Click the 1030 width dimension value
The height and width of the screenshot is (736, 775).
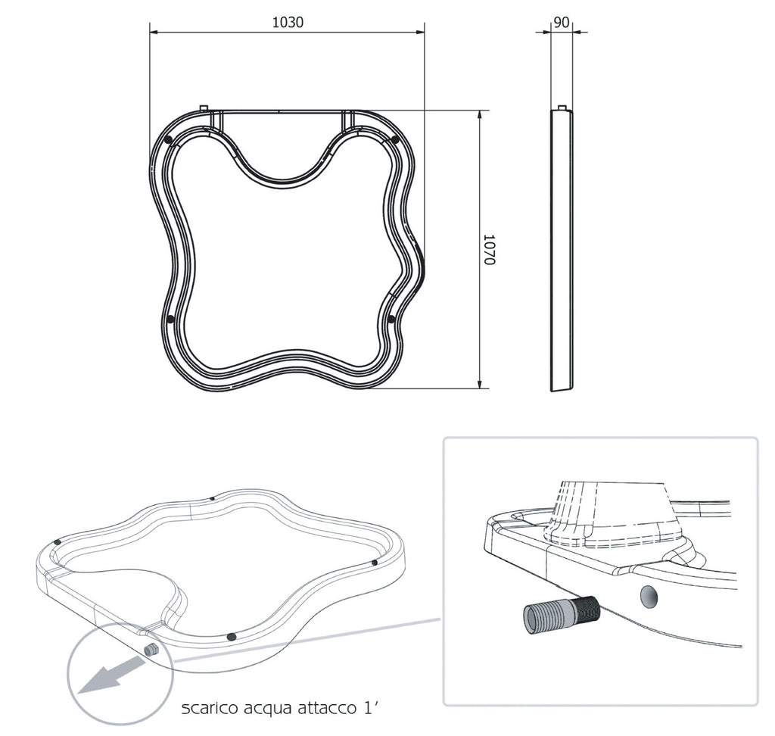click(x=288, y=22)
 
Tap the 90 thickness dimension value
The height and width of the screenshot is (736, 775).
click(x=562, y=22)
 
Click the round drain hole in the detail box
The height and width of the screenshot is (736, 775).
click(x=649, y=597)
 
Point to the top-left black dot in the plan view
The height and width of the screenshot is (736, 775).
click(x=169, y=140)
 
